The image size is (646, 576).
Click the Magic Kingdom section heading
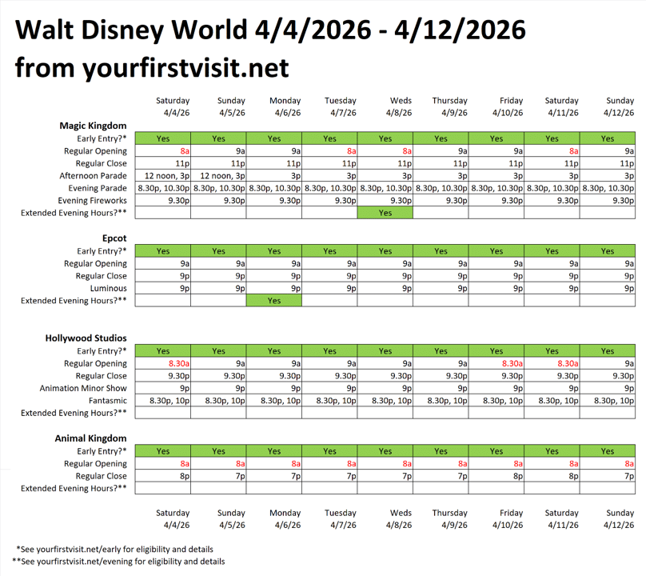[x=93, y=126]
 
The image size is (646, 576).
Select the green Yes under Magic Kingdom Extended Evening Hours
[x=385, y=213]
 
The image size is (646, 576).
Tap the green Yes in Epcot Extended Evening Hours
[x=274, y=301]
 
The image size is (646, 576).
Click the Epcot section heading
[x=114, y=238]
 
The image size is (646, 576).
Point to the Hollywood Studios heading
[x=86, y=338]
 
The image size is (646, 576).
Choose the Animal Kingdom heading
[x=91, y=438]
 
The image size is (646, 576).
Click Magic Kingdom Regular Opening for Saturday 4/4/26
[x=163, y=150]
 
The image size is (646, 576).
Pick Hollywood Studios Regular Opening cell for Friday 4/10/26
[x=496, y=363]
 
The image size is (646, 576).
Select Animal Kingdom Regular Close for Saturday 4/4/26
[x=163, y=476]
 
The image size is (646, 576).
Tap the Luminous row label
[x=107, y=288]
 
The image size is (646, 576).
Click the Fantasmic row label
[x=107, y=400]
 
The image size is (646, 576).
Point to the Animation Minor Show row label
[x=83, y=388]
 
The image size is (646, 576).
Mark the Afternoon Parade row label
[x=93, y=175]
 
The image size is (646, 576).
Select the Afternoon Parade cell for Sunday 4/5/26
[x=218, y=175]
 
